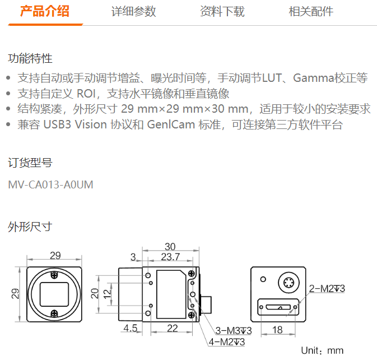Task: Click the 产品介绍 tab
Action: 45,11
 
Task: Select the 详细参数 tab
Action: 134,11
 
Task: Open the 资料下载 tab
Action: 222,11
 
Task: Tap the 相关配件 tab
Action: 311,11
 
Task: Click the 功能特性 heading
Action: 30,58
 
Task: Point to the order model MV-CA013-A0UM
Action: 50,185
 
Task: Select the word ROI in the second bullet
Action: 86,94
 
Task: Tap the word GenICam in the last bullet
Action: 171,124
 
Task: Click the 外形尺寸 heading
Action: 30,227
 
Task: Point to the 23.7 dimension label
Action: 170,257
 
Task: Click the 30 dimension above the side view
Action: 170,247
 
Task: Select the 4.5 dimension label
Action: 131,328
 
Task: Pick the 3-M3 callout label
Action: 234,331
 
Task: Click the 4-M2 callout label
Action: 227,341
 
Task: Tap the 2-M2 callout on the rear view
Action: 327,289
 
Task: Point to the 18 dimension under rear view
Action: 277,330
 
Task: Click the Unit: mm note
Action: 322,350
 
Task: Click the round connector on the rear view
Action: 288,283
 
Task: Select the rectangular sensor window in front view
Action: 54,294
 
